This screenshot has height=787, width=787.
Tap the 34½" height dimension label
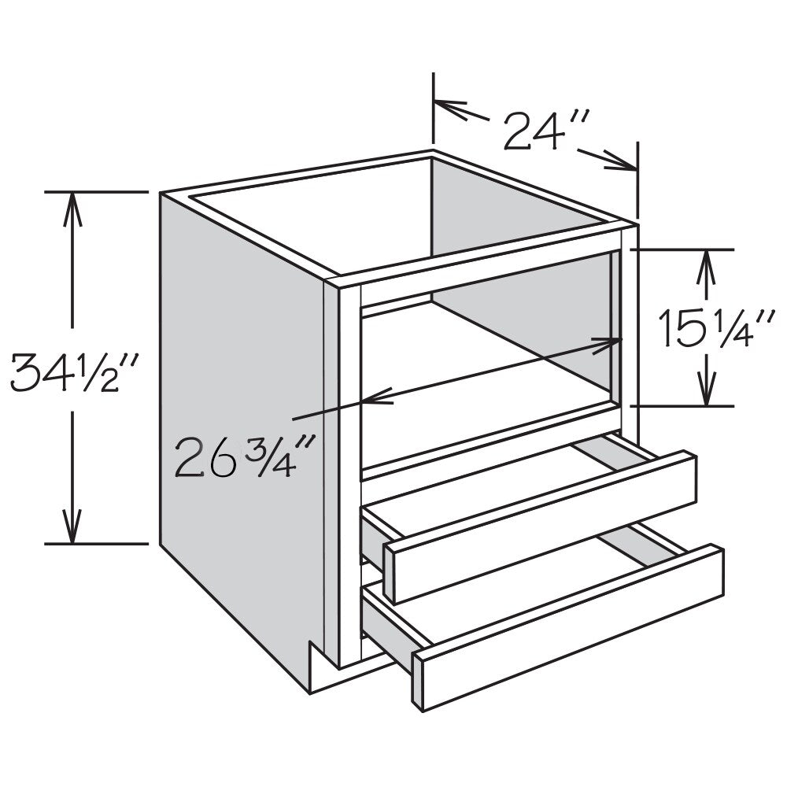point(73,372)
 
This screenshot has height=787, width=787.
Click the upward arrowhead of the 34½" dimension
point(72,210)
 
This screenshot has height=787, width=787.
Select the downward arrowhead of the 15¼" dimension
point(707,387)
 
